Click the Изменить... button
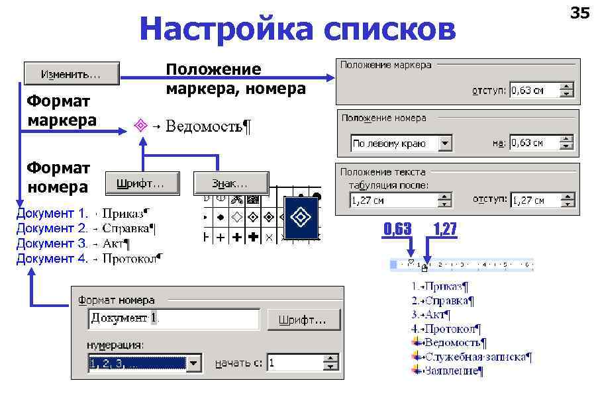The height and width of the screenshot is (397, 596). point(72,74)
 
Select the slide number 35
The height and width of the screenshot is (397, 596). point(579,13)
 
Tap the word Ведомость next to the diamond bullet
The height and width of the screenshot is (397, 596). point(205,126)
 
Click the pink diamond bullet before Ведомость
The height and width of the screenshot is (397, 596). point(140,124)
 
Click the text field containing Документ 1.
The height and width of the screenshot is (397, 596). point(174,319)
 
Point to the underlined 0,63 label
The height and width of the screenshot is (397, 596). point(397,230)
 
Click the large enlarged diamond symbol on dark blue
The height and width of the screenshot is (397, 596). point(301,217)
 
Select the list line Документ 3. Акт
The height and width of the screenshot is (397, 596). point(73,243)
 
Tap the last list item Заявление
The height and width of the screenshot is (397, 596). point(454,371)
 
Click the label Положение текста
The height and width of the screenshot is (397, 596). point(383,172)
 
